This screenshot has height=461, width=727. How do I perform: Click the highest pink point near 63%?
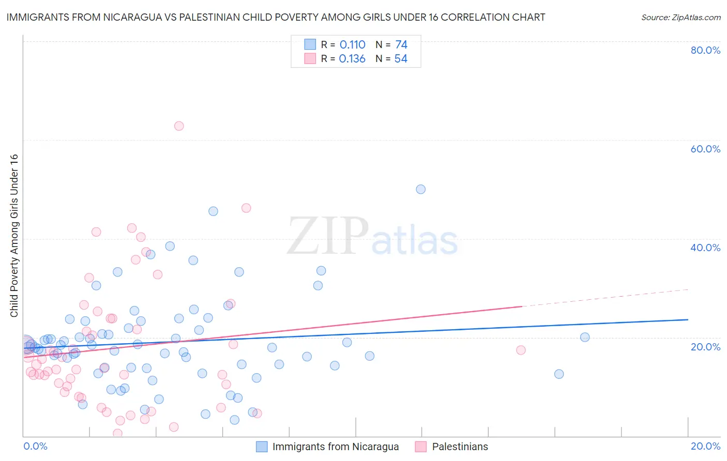click(179, 126)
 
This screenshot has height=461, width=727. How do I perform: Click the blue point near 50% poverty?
click(421, 189)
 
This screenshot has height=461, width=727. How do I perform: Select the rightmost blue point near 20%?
click(585, 337)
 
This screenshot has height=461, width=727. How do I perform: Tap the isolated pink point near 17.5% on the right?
click(521, 350)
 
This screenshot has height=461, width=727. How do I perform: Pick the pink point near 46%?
click(246, 208)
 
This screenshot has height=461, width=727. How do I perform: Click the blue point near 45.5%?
click(213, 211)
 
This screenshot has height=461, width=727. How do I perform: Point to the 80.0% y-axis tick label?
click(705, 50)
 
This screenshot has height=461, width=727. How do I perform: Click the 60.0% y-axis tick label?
click(705, 149)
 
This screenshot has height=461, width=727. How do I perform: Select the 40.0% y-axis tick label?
click(705, 248)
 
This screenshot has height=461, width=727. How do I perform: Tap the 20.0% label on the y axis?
click(705, 346)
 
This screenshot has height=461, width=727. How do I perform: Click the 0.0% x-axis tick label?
click(35, 446)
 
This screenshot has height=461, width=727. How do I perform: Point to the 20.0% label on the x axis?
click(705, 446)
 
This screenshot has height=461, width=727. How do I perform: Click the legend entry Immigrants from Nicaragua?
click(335, 447)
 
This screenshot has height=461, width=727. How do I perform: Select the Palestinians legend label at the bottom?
click(460, 447)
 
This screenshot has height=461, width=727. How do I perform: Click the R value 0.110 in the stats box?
click(353, 45)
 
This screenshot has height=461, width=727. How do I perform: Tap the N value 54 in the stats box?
click(401, 59)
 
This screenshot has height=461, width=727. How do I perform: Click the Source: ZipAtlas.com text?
click(680, 18)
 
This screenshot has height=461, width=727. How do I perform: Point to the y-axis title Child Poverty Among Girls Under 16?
click(14, 236)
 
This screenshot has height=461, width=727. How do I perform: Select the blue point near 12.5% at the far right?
click(559, 374)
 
